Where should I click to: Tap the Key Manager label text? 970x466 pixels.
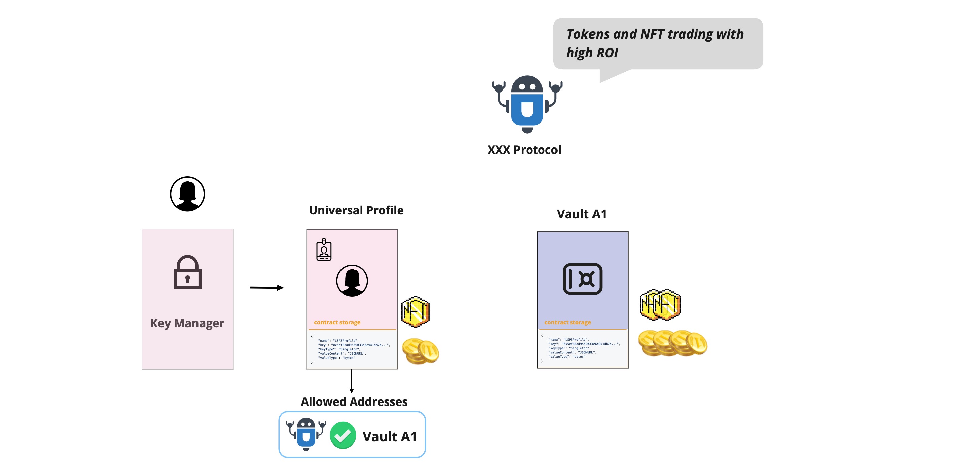coord(187,323)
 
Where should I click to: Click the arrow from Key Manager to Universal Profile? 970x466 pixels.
coord(266,288)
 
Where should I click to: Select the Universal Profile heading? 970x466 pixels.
coord(356,210)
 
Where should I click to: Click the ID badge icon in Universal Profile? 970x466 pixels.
coord(324,249)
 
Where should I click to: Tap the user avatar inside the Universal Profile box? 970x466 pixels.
coord(352,281)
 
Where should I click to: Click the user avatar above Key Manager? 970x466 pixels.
coord(187,194)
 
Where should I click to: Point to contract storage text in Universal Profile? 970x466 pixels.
coord(337,322)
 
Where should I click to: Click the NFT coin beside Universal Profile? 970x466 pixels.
coord(415,312)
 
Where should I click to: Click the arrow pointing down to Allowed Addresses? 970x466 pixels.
coord(351,381)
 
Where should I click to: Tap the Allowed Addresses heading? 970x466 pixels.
coord(354,402)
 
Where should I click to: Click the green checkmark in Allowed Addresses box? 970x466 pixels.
coord(343,435)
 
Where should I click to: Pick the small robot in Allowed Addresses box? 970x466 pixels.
coord(306,434)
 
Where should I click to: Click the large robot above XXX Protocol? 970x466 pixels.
coord(527,104)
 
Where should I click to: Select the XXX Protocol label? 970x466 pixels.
coord(524,150)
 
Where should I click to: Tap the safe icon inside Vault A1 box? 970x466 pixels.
coord(582,279)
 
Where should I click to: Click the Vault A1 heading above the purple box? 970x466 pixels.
coord(581,214)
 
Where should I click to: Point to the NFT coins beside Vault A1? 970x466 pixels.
coord(660,305)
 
